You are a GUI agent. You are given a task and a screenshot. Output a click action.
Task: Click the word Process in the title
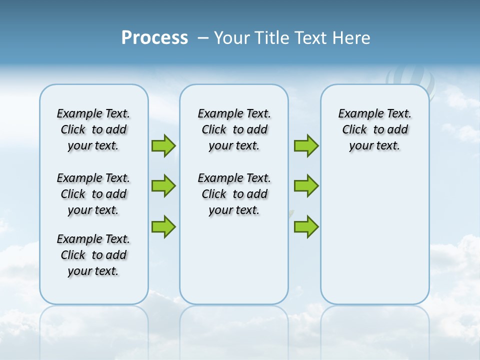pos(154,38)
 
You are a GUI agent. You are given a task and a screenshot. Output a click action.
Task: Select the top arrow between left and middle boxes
pos(163,146)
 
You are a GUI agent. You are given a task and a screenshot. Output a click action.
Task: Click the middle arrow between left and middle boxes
pos(163,186)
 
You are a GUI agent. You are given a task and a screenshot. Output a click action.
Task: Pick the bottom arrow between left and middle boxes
pos(163,226)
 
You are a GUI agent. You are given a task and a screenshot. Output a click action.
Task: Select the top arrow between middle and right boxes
pos(306,146)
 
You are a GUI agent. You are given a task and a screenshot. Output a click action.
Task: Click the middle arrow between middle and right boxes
pos(306,186)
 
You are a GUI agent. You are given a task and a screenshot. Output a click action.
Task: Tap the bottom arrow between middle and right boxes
pos(306,226)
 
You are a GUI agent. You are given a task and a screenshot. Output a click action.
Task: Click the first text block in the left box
pos(93,129)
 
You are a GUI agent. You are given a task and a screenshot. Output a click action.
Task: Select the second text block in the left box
pos(93,194)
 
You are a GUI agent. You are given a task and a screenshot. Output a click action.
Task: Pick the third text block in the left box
pos(93,255)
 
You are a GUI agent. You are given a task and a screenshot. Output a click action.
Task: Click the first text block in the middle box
pos(234,129)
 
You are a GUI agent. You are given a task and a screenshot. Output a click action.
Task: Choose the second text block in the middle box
pos(234,194)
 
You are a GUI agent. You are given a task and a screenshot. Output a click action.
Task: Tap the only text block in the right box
pos(374,129)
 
